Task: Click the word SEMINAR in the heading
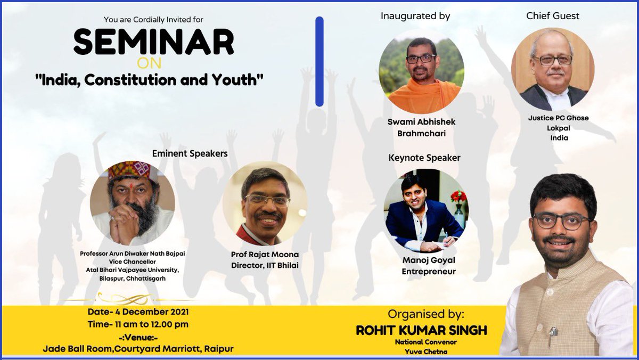pos(153,43)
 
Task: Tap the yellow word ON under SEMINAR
pos(153,63)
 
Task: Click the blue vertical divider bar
pos(319,61)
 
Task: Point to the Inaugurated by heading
pos(415,16)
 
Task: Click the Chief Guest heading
pos(552,16)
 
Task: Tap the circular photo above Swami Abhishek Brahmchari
pos(421,71)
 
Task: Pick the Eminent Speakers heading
pos(190,153)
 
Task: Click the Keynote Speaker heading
pos(424,158)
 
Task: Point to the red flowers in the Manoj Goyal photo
pos(458,196)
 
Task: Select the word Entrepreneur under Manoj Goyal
pos(429,272)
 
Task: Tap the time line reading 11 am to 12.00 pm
pos(138,324)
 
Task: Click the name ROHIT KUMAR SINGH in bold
pos(421,330)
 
